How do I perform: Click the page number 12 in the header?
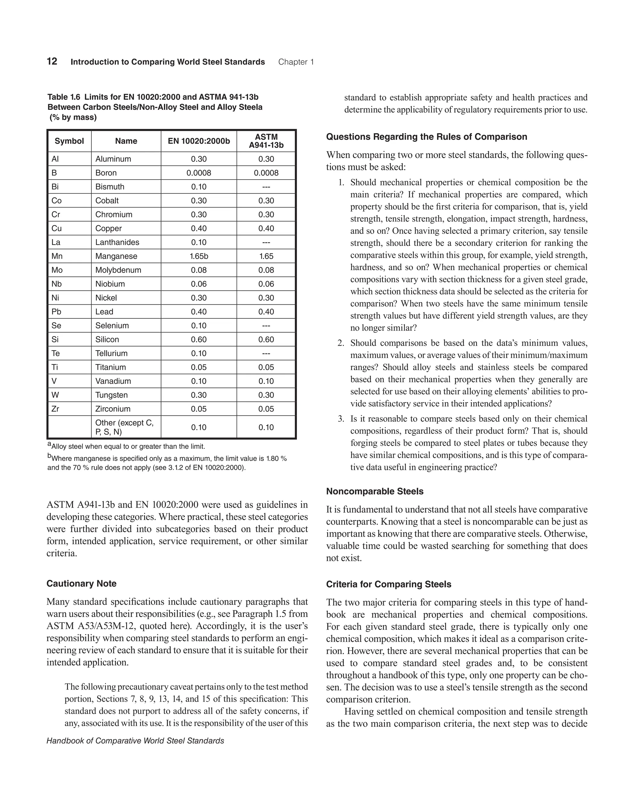[52, 62]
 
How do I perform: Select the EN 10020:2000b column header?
[199, 141]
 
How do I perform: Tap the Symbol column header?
[69, 141]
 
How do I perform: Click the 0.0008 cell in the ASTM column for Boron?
[266, 173]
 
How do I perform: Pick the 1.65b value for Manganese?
[199, 256]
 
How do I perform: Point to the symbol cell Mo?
[57, 270]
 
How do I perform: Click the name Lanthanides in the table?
[117, 242]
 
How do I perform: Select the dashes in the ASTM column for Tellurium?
[266, 354]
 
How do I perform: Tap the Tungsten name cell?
[111, 395]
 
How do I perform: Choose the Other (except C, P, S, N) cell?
[125, 427]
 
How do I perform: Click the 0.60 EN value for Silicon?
[199, 340]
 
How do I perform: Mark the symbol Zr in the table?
[55, 409]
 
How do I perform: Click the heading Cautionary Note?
[81, 584]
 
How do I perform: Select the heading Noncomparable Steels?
[374, 491]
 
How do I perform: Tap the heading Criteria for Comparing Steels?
[388, 584]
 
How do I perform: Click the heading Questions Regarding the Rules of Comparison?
[426, 137]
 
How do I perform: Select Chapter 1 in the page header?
[296, 62]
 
